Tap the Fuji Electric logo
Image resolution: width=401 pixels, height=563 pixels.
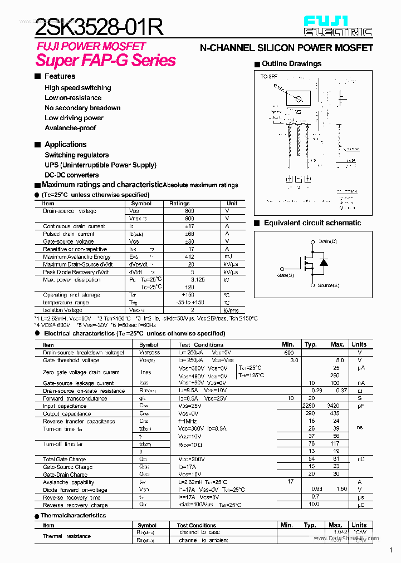coord(338,26)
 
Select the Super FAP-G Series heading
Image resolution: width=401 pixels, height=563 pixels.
coord(106,60)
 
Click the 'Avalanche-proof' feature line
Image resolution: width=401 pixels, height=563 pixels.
coord(70,128)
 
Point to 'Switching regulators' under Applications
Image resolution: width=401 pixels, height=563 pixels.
coord(77,155)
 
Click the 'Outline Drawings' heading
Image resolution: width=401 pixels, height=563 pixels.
coord(291,64)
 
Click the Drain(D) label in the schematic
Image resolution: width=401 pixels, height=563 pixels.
coord(327,241)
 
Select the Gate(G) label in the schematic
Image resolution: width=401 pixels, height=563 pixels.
coord(285,275)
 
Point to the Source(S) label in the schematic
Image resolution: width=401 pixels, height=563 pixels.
coord(328,285)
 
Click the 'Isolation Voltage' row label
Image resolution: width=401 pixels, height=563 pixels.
coord(62,310)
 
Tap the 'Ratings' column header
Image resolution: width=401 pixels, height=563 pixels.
coord(179,204)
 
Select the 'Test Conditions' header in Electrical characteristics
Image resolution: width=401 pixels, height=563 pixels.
coord(200,345)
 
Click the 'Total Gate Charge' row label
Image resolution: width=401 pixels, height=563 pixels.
coord(65,460)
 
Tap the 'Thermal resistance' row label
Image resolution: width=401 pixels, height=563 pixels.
coord(67,536)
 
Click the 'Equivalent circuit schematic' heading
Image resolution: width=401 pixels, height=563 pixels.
coord(312,223)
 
